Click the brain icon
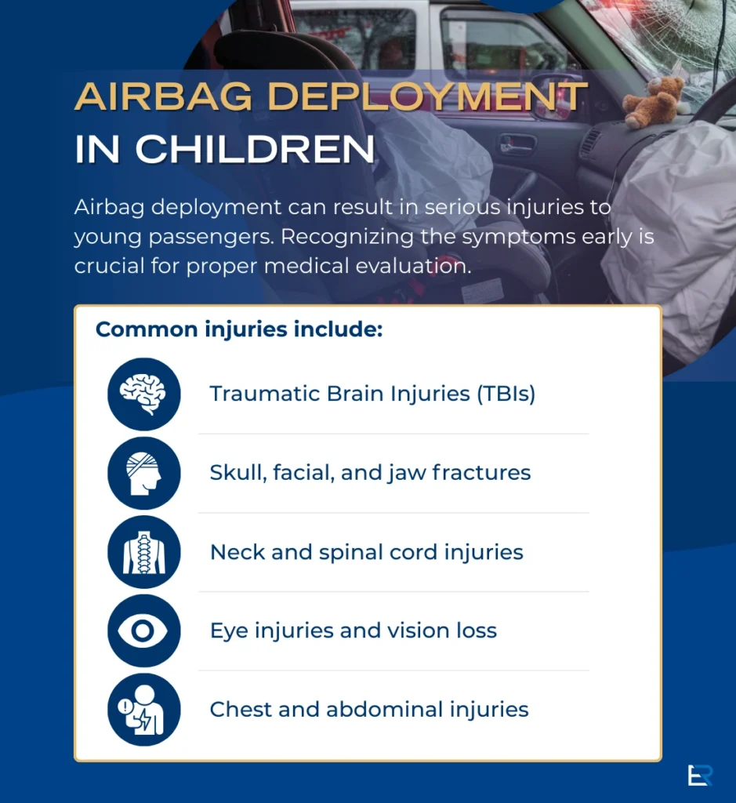point(144,394)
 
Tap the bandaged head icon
point(144,473)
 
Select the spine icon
point(144,552)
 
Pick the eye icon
point(144,631)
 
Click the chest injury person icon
point(144,710)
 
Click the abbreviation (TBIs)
point(506,394)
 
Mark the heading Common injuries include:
point(239,329)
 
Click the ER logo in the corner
point(700,774)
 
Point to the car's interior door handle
point(517,145)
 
